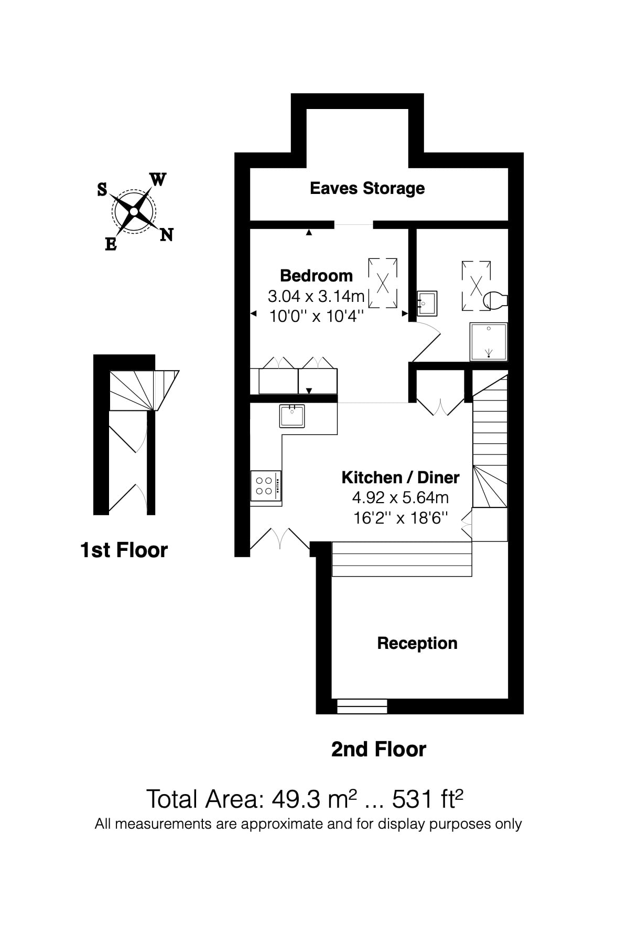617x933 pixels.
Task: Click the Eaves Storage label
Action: [367, 188]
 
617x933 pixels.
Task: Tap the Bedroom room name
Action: [316, 276]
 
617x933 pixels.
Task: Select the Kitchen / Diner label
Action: [400, 478]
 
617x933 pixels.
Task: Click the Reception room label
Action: [417, 643]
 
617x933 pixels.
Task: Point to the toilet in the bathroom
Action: [494, 300]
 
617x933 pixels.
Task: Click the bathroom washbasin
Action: [427, 303]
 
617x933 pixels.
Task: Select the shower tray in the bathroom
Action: [489, 342]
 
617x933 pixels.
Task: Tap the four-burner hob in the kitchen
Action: [265, 485]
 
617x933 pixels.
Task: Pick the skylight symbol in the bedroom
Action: [383, 284]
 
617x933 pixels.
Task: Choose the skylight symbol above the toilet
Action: [475, 286]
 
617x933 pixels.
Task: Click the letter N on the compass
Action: [167, 235]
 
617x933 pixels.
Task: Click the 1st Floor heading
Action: [124, 550]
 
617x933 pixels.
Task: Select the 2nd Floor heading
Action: [378, 749]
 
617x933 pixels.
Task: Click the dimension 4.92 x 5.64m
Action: [400, 497]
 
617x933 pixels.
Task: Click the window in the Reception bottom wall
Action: [362, 706]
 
